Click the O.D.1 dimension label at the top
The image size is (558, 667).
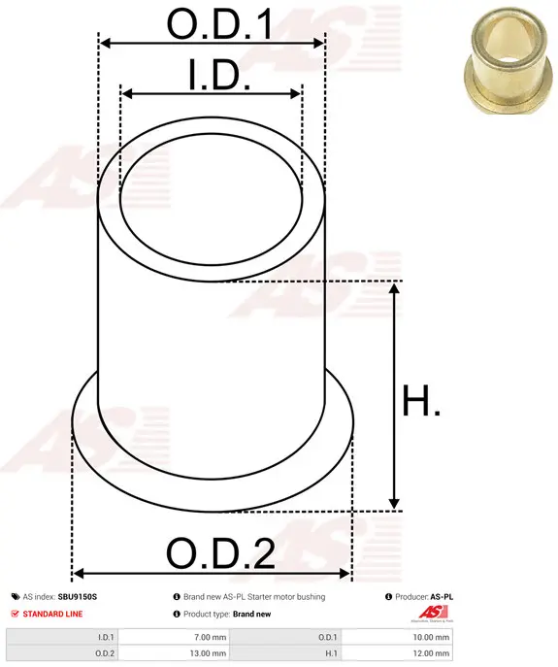(219, 24)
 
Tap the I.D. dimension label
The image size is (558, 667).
(219, 76)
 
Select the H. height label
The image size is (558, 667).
(421, 400)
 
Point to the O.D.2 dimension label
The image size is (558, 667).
(220, 553)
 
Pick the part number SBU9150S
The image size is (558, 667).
(78, 597)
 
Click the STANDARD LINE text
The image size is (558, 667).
(52, 614)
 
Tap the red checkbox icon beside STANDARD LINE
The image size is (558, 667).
(16, 614)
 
